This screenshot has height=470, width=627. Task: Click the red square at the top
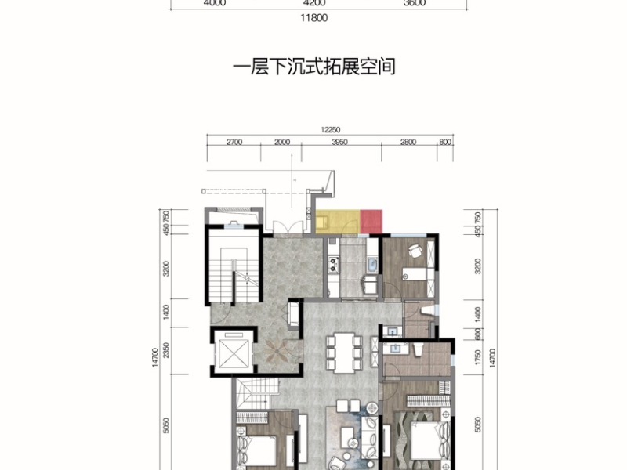coord(371,222)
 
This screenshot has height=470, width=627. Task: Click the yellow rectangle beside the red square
coord(337,222)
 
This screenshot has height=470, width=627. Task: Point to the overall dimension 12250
coord(329,130)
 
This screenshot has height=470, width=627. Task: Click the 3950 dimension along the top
coord(339,142)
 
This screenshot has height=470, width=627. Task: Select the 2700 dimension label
coord(234,142)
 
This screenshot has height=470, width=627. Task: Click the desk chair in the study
coord(415,251)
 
